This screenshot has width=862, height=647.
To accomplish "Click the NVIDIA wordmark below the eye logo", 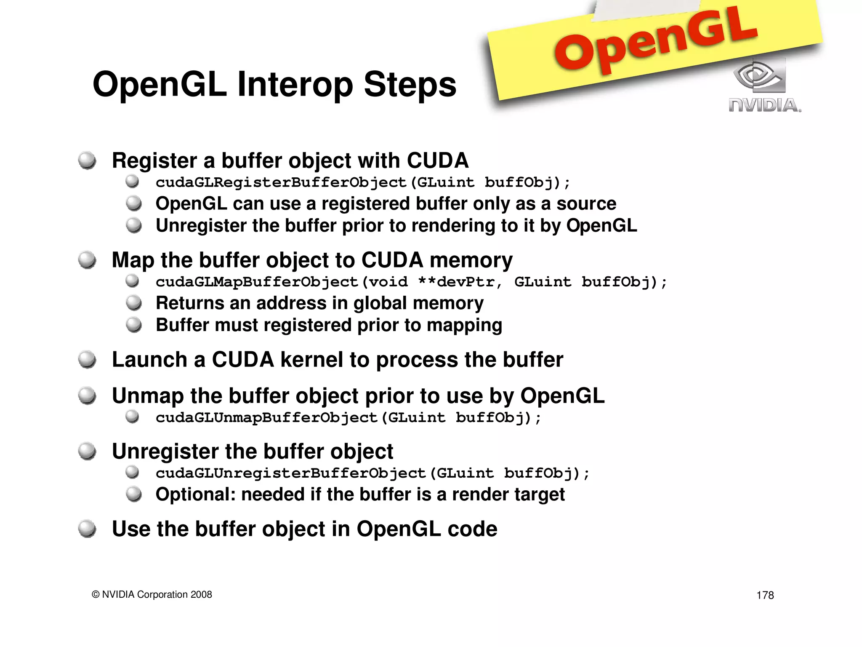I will point(764,105).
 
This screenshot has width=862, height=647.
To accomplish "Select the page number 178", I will point(765,595).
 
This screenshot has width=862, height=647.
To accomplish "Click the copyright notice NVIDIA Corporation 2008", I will point(152,594).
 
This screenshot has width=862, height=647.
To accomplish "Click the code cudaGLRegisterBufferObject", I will point(281,182).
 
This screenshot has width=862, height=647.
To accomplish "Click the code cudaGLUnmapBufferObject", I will point(266,417).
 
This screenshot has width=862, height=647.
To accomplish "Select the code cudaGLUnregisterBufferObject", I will point(291,473).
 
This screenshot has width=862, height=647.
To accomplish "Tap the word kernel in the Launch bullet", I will point(311,360).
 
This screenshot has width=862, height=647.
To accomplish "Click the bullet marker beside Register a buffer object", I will point(87,160).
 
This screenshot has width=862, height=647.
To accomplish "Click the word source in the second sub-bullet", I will point(586,204).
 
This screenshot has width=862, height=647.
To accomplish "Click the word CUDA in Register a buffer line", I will point(437,161).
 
